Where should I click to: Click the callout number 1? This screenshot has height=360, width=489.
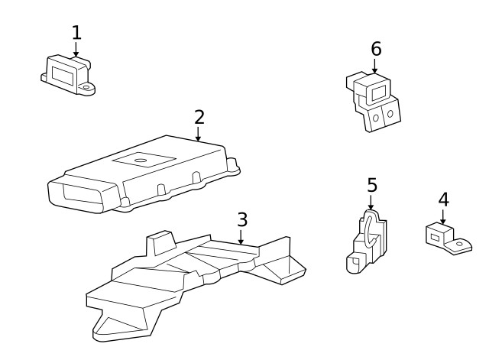(x=76, y=32)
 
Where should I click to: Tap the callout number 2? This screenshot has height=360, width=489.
(x=199, y=117)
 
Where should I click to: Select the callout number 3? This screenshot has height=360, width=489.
(x=241, y=219)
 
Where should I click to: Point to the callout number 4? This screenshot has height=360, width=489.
(x=443, y=199)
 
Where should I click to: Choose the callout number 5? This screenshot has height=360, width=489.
(x=372, y=185)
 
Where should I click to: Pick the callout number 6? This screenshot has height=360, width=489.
(x=376, y=49)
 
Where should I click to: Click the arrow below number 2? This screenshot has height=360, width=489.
(x=199, y=135)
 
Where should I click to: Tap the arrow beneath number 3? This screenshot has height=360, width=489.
(x=241, y=238)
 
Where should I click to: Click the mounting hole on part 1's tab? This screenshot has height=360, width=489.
(x=88, y=89)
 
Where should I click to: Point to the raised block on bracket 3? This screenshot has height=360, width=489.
(x=159, y=243)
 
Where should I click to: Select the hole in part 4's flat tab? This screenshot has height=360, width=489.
(x=458, y=244)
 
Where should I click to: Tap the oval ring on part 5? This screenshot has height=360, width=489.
(x=367, y=229)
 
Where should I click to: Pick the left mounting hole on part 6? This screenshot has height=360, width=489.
(x=376, y=115)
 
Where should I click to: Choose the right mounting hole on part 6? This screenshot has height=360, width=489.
(x=390, y=114)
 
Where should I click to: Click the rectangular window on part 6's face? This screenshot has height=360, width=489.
(x=376, y=92)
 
